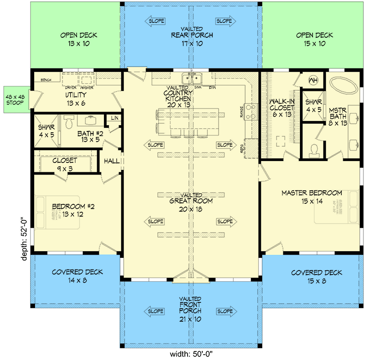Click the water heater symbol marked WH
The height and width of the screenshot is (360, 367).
[x=313, y=80]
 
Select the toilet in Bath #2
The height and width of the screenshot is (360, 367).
[x=69, y=121]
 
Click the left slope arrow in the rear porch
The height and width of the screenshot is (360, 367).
[x=155, y=21]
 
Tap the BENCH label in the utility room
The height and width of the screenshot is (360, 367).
[x=45, y=80]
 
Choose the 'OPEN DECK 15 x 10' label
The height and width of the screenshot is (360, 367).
[x=314, y=39]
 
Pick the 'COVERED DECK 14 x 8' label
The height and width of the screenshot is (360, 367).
[x=77, y=276]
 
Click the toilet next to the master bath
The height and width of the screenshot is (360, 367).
[x=315, y=149]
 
